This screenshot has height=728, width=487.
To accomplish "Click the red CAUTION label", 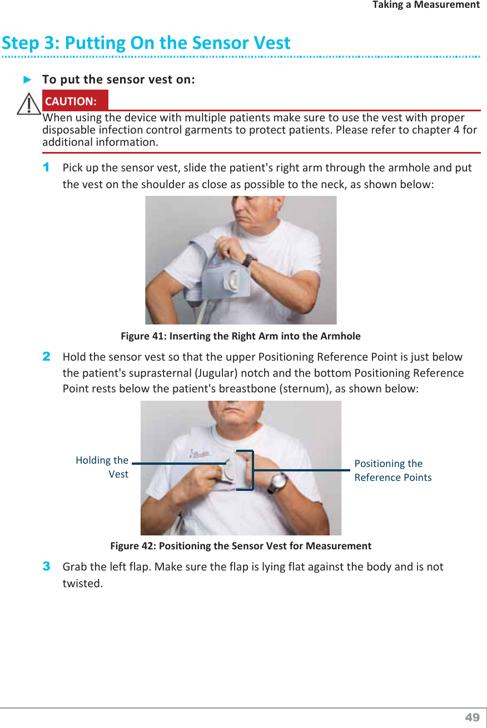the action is [75, 100].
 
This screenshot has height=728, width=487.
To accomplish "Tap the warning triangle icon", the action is [29, 104].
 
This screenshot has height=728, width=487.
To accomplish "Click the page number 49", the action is [472, 717].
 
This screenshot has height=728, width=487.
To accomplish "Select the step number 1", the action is [46, 168].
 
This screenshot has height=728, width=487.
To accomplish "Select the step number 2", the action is [47, 357].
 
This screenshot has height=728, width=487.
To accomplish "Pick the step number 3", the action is [47, 566].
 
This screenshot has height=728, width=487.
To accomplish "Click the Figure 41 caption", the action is [241, 336].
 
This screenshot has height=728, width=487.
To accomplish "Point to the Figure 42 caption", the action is [241, 545].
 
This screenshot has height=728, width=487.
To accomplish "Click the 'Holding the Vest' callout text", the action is [102, 467].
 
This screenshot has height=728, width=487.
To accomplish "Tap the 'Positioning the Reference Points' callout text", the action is [393, 470].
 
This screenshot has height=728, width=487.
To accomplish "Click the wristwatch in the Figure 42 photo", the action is [277, 483].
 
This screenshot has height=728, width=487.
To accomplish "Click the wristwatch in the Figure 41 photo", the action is [249, 260].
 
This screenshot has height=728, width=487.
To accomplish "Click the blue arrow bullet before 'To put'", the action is [27, 80].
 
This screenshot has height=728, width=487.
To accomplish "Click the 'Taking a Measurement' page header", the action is [426, 4].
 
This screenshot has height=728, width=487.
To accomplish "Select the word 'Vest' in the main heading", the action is [272, 42].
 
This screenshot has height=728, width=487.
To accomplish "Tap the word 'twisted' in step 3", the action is [82, 583].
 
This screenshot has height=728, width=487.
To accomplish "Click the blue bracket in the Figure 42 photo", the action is [252, 470].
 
